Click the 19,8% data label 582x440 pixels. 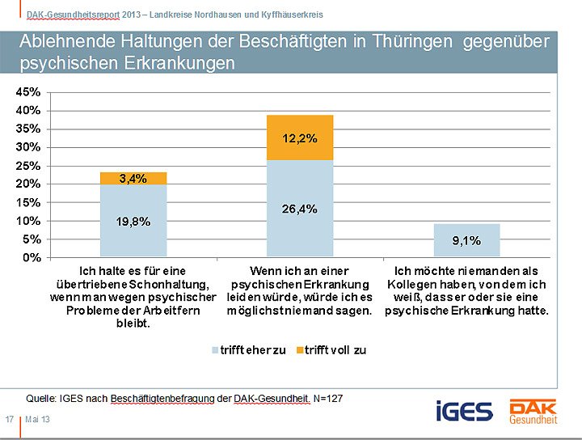click(133, 222)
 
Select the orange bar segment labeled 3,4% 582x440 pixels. click(133, 179)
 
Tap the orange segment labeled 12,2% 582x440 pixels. click(300, 137)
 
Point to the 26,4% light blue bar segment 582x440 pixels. click(300, 209)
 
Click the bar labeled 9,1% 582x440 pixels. click(466, 240)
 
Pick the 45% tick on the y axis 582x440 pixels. click(28, 91)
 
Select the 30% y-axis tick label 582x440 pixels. click(28, 147)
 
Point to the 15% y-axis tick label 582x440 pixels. click(28, 202)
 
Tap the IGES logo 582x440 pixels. click(464, 410)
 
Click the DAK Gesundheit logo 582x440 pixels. click(531, 410)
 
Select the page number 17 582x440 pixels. click(10, 419)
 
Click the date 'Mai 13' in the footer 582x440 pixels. click(37, 419)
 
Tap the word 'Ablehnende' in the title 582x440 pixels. click(65, 42)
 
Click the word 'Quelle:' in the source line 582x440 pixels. click(42, 398)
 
